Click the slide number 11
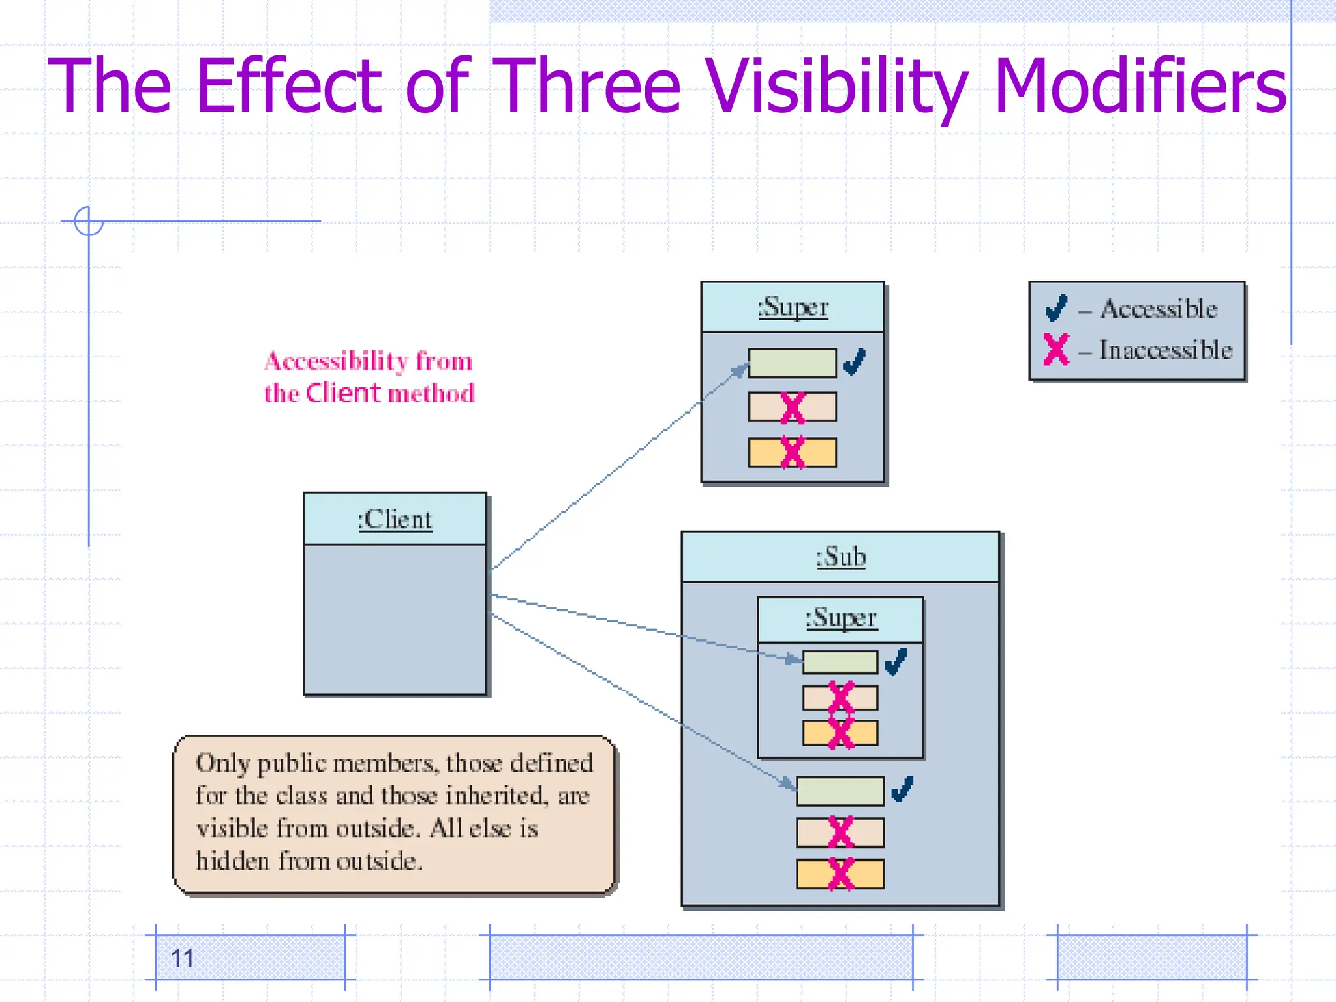click(x=182, y=958)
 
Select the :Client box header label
click(x=395, y=520)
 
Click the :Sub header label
click(x=841, y=557)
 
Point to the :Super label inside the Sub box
click(x=841, y=618)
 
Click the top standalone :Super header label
click(x=793, y=307)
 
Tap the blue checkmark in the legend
click(x=1056, y=308)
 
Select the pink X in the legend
click(x=1056, y=349)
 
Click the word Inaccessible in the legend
click(x=1166, y=350)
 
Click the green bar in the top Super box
click(x=792, y=363)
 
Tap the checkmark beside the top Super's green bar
click(x=855, y=361)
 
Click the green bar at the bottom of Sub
click(x=840, y=791)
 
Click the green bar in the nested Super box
click(x=840, y=662)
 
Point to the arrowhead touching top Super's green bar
click(x=740, y=371)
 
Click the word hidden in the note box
click(x=232, y=861)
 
